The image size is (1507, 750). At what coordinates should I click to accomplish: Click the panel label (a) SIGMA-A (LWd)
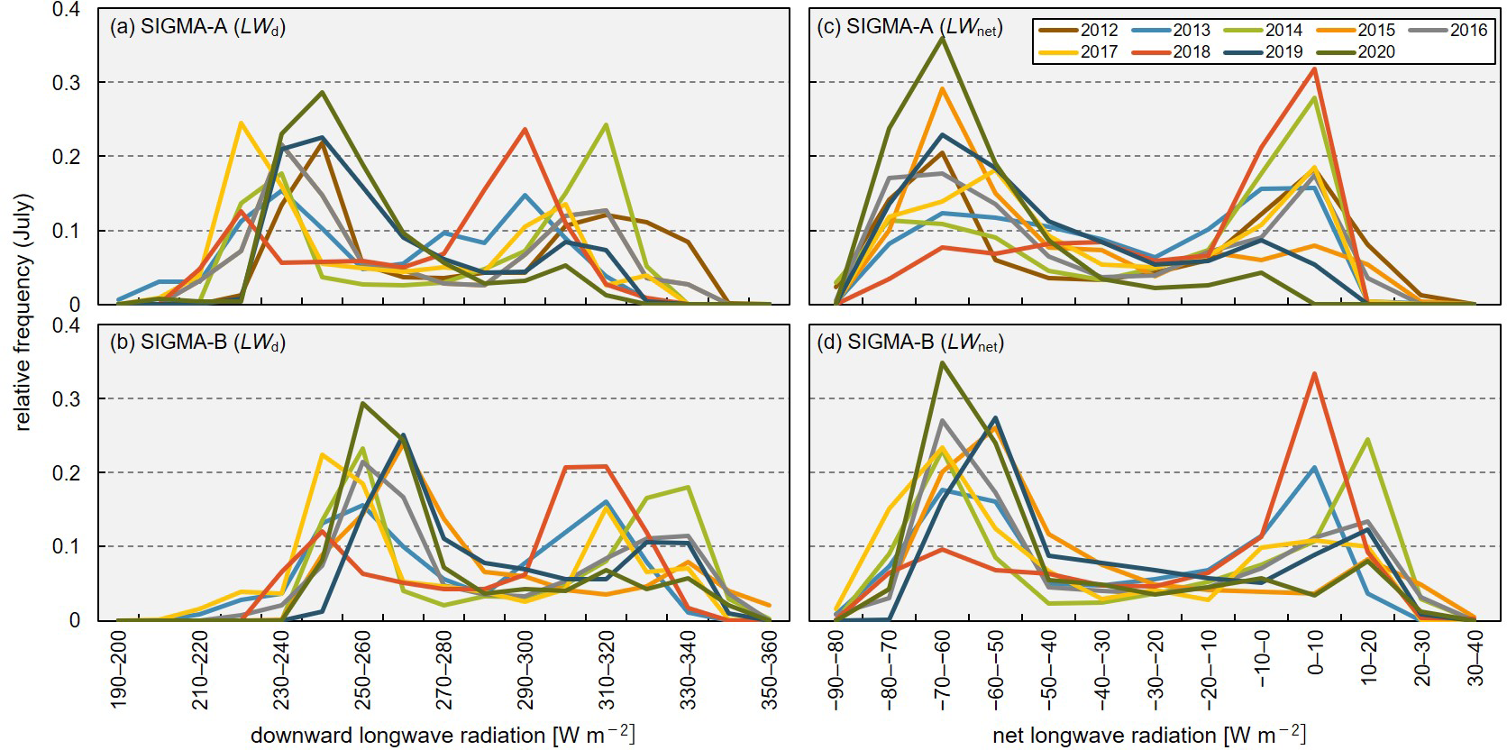click(x=197, y=27)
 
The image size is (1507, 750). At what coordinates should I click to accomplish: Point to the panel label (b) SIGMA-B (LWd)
click(x=197, y=343)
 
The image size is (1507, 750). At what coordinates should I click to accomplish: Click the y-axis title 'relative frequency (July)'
click(x=23, y=312)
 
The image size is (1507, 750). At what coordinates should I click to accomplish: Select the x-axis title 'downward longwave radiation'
click(x=443, y=735)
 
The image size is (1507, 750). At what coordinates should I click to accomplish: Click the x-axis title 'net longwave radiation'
click(x=1148, y=735)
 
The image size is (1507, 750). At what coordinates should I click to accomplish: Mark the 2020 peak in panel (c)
click(x=943, y=38)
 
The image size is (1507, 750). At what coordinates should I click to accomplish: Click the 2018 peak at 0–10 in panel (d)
click(x=1315, y=373)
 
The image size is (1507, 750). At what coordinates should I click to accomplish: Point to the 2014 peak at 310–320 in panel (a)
click(x=606, y=124)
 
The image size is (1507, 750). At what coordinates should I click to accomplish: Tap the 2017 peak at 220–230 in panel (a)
click(x=241, y=123)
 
